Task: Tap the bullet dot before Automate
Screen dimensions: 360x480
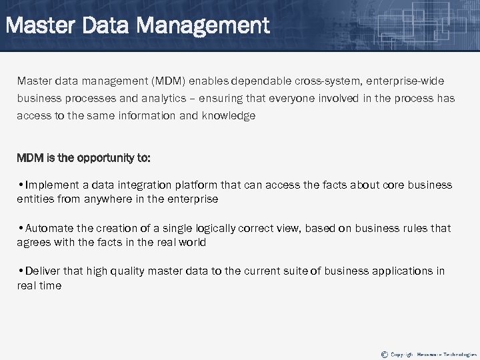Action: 20,228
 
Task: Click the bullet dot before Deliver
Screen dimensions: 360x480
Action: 20,271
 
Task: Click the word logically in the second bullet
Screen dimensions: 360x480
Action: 207,228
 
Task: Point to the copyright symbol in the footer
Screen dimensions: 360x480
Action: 383,353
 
